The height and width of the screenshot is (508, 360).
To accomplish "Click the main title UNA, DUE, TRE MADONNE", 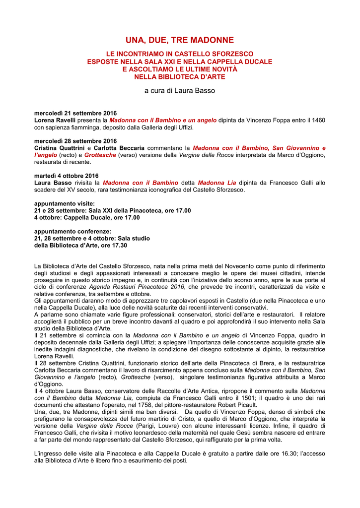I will pos(180,40).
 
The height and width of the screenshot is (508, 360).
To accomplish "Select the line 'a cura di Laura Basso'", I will pos(180,91).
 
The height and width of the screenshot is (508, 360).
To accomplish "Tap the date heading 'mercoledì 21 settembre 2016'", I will pos(75,114).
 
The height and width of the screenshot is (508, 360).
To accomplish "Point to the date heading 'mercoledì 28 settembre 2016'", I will pos(75,141).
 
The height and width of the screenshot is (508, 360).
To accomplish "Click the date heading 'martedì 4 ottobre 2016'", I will pos(67,176).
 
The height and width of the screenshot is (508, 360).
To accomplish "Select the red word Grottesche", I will pos(100,155).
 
